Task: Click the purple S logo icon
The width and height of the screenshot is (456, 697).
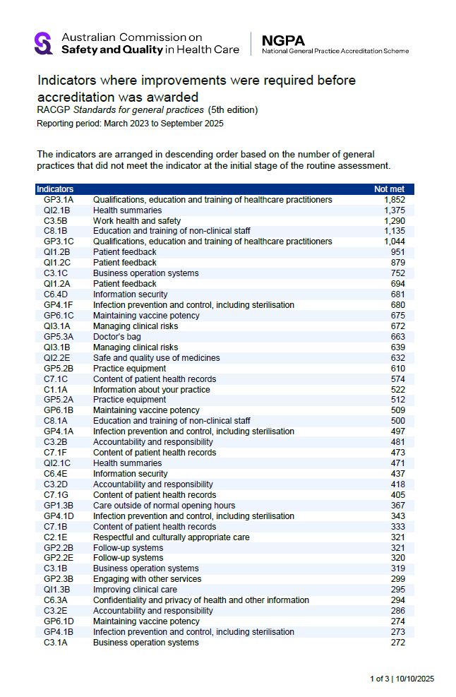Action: coord(44,43)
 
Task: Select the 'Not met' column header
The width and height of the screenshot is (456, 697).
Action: coord(389,189)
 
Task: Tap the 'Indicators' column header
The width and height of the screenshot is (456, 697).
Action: coord(55,189)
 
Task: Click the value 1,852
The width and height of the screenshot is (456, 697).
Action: coord(394,200)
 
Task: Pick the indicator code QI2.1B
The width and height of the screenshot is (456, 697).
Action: coord(57,210)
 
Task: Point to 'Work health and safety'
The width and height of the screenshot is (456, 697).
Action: coord(137,221)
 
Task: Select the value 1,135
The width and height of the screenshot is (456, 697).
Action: coord(394,231)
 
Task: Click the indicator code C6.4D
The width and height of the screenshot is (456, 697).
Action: coord(56,294)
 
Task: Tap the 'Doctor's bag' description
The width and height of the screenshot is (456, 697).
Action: coord(116,337)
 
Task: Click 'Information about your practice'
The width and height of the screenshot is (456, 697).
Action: coord(151,390)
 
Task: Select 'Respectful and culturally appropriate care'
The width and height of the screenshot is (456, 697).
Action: coord(171,537)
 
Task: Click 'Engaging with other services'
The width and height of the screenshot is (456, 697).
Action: coord(147,579)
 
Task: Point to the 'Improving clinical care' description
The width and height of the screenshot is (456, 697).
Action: coord(135,590)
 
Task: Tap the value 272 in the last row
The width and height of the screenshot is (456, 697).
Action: coord(397,643)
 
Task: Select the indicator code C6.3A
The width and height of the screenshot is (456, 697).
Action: coord(56,600)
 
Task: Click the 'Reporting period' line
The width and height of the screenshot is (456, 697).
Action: coord(130,123)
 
